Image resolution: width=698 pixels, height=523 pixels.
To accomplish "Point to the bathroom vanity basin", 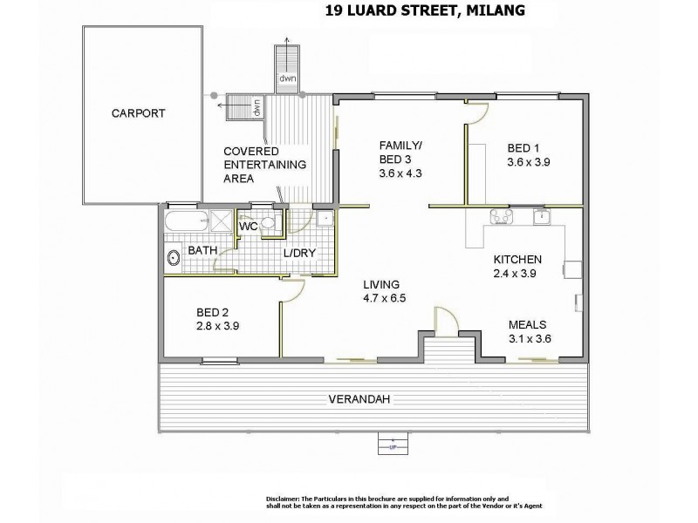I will point(173,257).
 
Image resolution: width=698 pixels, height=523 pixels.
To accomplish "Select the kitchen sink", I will point(541,217).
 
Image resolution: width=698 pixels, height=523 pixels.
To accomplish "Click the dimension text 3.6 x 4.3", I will point(400,173).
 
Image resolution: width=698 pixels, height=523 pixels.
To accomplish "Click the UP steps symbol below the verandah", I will point(392,444).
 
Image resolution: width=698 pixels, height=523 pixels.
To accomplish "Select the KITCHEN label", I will point(518,260).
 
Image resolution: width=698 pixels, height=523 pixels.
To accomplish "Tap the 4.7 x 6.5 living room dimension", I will point(385,298).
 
